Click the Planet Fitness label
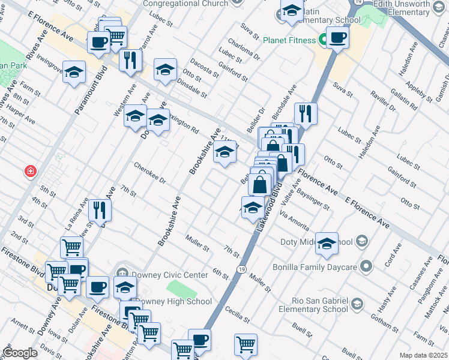(x=289, y=40)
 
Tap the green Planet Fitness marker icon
(x=322, y=40)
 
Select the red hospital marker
(x=29, y=172)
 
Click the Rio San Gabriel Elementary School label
(x=313, y=304)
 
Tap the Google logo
(x=20, y=353)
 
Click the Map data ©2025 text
(x=423, y=355)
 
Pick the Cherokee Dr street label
(x=149, y=173)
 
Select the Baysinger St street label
(x=315, y=201)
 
